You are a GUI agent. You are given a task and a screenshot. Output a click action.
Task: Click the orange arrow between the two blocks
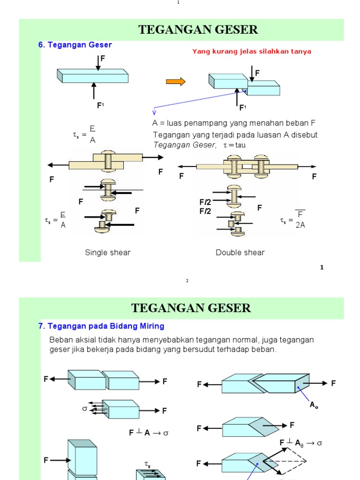[x=176, y=82]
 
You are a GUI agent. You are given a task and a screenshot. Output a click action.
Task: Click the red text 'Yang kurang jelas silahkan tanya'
[x=252, y=52]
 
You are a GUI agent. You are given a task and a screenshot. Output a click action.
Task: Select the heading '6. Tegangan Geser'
[x=75, y=45]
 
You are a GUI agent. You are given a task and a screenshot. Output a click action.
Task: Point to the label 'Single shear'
[x=107, y=253]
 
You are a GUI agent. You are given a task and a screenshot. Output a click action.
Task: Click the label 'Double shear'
[x=240, y=253]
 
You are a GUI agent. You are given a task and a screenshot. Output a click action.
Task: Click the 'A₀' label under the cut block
[x=314, y=405]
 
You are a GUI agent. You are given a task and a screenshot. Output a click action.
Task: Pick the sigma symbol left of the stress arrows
[x=85, y=408]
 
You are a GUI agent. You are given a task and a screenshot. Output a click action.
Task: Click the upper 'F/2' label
[x=205, y=202]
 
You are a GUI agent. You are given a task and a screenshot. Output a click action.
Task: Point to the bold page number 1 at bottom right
[x=322, y=268]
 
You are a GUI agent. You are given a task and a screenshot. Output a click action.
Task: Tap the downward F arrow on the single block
[x=98, y=63]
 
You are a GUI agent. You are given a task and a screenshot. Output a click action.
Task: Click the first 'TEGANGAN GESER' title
[x=198, y=30]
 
